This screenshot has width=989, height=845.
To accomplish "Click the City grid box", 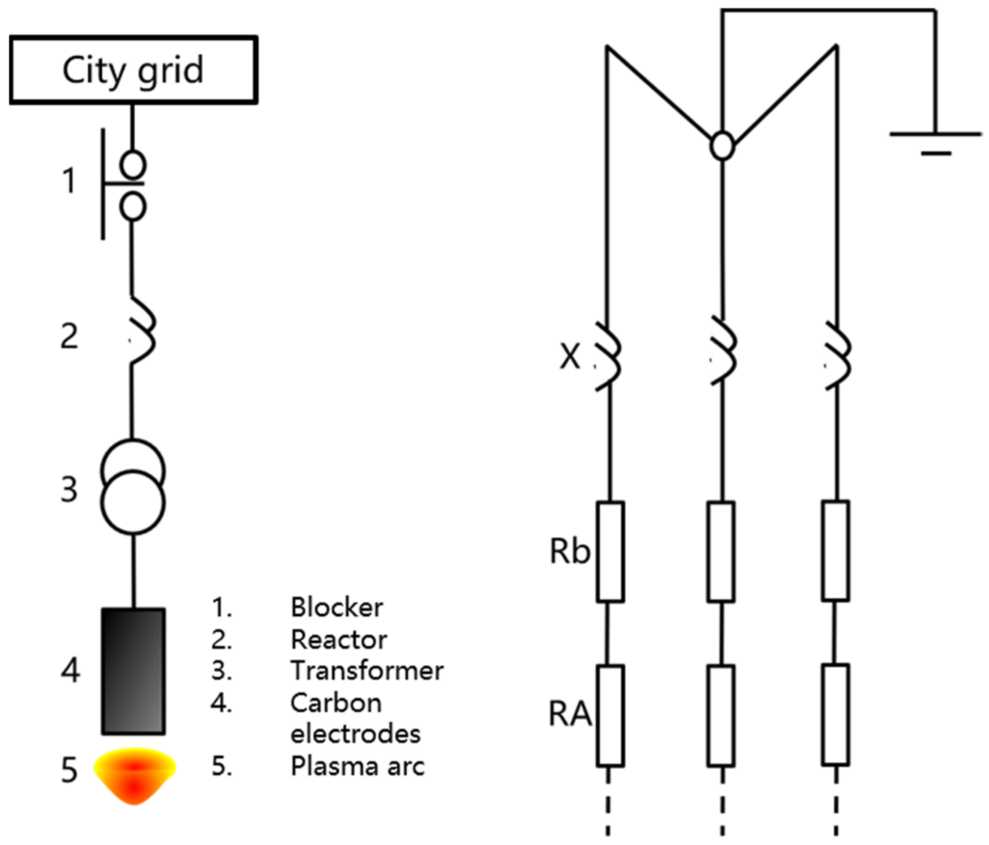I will pos(133,70).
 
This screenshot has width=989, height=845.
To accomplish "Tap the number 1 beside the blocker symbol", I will pos(69,181).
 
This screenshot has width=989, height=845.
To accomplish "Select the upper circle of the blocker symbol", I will pos(133,164).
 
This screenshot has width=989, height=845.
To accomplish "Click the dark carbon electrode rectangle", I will pos(133,671).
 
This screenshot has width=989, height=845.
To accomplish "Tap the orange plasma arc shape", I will pos(134,774).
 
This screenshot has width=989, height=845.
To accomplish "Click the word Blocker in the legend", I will pos(337,608).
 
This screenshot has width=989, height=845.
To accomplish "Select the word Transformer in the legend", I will pos(367,671).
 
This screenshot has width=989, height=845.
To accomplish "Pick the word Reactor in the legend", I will pos(339,640).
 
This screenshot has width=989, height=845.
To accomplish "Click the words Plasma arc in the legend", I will pos(357,767).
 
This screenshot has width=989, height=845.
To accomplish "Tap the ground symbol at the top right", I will pos(935,140).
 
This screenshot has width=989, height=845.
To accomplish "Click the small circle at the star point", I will pos(722,145).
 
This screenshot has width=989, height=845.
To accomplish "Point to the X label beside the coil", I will pos(570,356).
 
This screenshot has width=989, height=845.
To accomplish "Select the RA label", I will pos(570,714).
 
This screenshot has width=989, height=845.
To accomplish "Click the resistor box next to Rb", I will pos(610,552).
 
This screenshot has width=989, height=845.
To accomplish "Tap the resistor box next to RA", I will pos(610,715).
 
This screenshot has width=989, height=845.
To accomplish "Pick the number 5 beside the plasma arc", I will pos(69,770).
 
